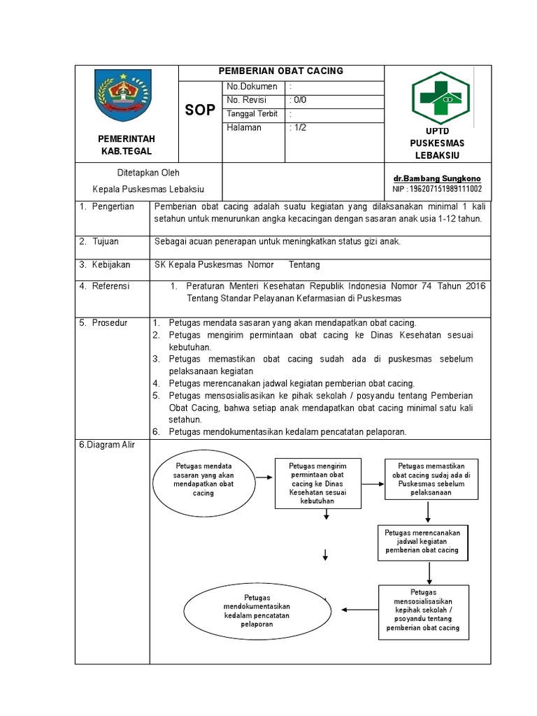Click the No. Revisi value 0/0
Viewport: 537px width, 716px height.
pyautogui.click(x=299, y=100)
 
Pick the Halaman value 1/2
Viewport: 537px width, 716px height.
pyautogui.click(x=299, y=127)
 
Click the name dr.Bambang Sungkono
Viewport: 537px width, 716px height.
pyautogui.click(x=437, y=179)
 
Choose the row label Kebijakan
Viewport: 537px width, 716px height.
pyautogui.click(x=110, y=265)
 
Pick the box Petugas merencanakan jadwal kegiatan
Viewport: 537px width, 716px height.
pyautogui.click(x=422, y=542)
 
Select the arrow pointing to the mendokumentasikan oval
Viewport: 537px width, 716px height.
pyautogui.click(x=359, y=610)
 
